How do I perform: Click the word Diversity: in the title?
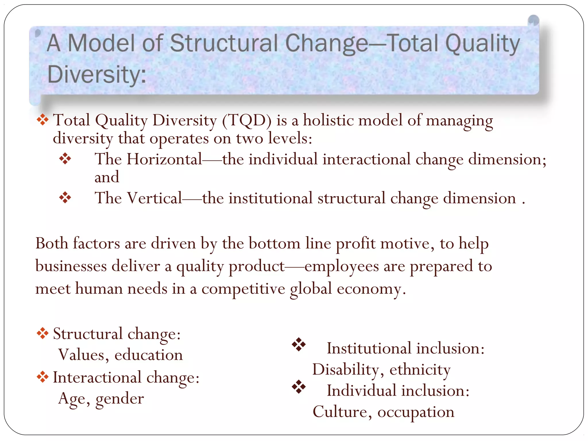(97, 74)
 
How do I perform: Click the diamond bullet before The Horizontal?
(65, 158)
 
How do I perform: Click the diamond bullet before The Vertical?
(65, 198)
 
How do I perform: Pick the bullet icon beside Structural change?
(42, 333)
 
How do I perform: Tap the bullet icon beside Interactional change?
(42, 377)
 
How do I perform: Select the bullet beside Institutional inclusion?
(299, 345)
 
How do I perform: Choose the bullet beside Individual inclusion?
(299, 387)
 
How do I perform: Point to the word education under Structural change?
(148, 355)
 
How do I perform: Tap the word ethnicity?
(420, 370)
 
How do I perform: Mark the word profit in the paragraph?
(355, 244)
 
